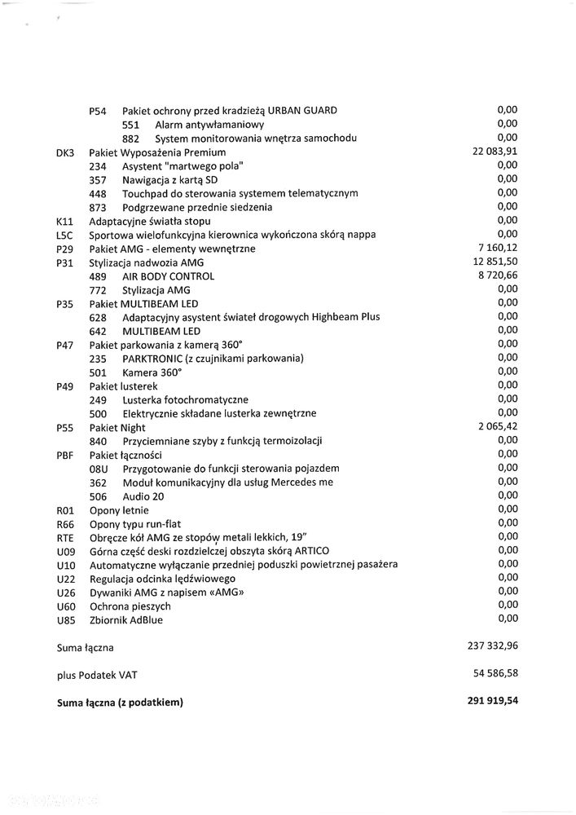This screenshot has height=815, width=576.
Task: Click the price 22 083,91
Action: coord(495,152)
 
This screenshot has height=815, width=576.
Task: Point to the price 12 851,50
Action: coord(495,262)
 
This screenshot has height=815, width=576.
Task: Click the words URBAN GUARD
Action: coord(301,111)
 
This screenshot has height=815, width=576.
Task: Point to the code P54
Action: coord(98,111)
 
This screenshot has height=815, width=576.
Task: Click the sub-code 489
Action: coord(98,276)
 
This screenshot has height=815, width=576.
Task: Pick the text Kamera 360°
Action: coord(152,372)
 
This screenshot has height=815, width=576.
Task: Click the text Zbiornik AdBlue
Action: coord(125,620)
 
